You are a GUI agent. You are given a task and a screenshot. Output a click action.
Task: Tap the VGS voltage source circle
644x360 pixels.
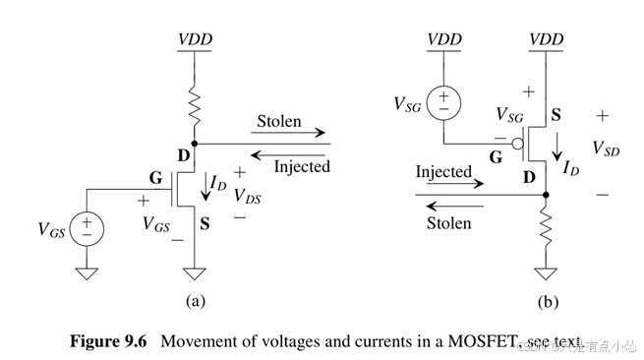tap(87, 230)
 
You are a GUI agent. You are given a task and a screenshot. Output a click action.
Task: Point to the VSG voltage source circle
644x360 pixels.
tap(442, 100)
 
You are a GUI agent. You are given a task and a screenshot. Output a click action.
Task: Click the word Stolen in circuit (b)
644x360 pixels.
tap(448, 223)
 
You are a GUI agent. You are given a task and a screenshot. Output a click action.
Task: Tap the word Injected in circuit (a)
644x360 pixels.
tap(301, 166)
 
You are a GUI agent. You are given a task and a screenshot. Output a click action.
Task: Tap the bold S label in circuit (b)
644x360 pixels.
tap(556, 117)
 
